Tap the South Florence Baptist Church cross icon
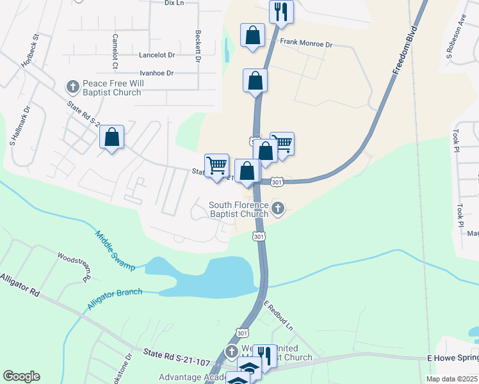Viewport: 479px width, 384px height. tap(278, 207)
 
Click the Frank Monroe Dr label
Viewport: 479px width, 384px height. tap(307, 44)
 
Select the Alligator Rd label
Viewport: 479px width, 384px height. tap(20, 285)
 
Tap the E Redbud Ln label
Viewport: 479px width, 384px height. tap(279, 316)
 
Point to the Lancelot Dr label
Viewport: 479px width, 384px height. tap(157, 56)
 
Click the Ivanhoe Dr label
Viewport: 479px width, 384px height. tap(157, 74)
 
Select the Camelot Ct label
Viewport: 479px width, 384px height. tap(115, 51)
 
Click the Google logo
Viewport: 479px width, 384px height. tap(21, 376)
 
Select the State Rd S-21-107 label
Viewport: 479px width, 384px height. tap(176, 357)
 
